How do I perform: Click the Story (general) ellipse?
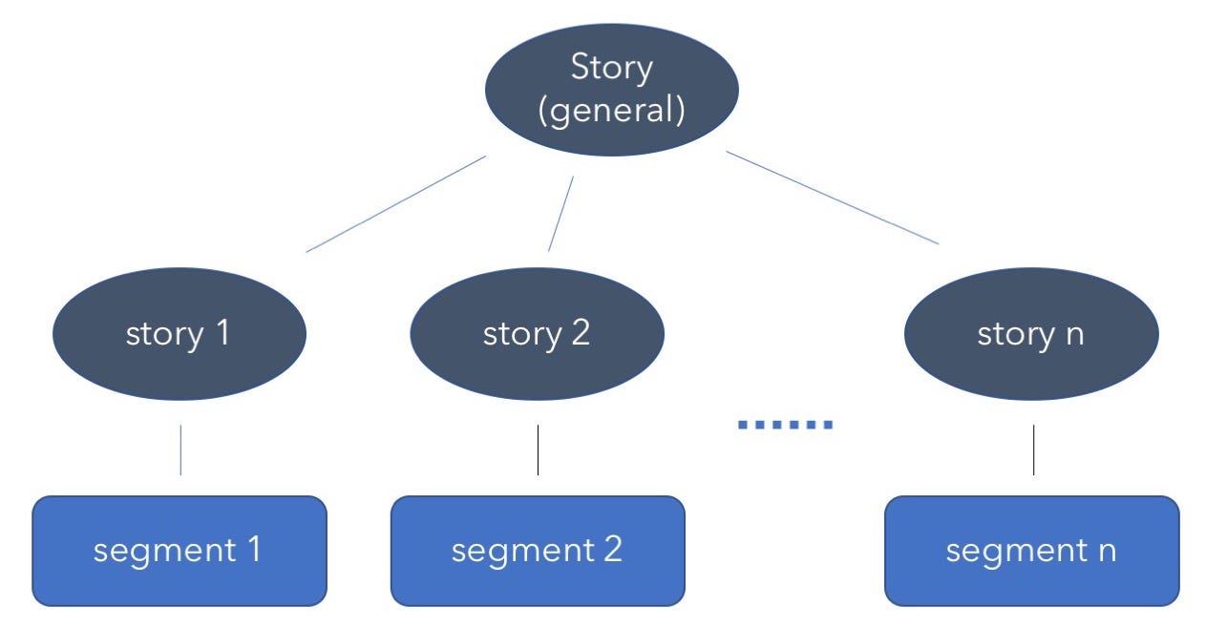pos(611,89)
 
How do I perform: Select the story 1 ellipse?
pos(179,333)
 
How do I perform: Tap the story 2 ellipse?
pos(537,333)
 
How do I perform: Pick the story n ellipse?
pos(1030,333)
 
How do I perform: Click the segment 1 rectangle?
pos(180,551)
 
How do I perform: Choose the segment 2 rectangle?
pos(538,551)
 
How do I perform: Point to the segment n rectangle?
pos(1031,551)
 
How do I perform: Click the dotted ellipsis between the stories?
pos(785,425)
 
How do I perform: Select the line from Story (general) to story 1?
pos(396,203)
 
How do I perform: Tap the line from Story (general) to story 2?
pos(560,214)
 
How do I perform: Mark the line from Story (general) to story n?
pos(833,198)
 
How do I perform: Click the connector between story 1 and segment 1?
pos(180,449)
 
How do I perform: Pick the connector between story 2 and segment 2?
pos(539,449)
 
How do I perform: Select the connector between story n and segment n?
pos(1033,449)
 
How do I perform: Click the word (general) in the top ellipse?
pos(611,111)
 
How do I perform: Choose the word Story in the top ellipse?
pos(611,68)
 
